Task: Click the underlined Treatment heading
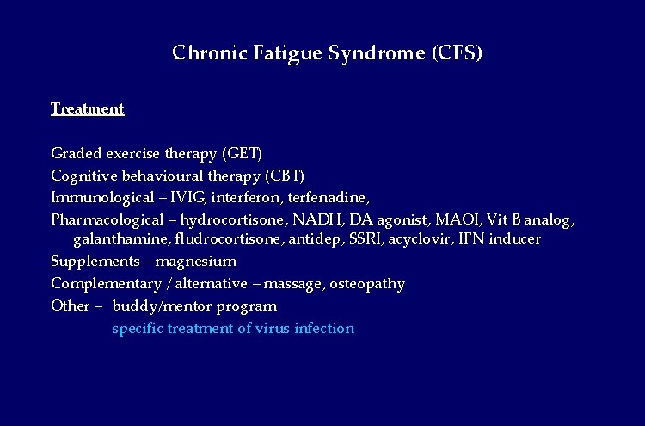tap(88, 109)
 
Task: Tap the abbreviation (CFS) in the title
tap(456, 53)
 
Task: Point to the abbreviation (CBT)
tap(285, 176)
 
